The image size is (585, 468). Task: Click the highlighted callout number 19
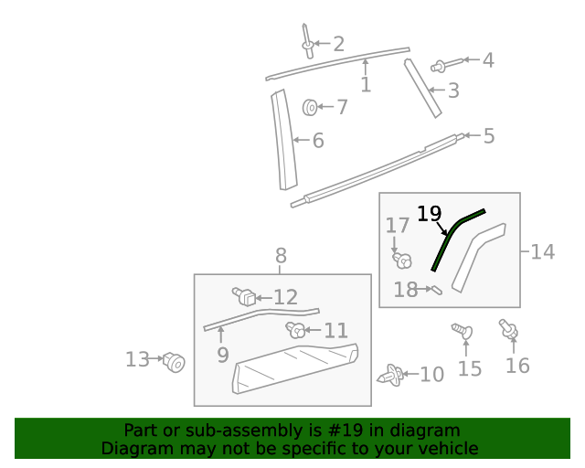(x=429, y=214)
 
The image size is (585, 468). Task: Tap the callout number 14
(x=542, y=251)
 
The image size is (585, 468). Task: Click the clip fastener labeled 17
(x=400, y=260)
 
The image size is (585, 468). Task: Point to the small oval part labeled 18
(x=436, y=292)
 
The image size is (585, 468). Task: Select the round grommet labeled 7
(x=311, y=108)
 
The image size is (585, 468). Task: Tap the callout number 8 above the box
(x=281, y=256)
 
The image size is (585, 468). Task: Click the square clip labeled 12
(x=244, y=296)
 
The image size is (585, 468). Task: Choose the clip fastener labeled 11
(x=295, y=329)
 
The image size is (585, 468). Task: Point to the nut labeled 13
(x=174, y=363)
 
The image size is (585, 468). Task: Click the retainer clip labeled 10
(x=391, y=375)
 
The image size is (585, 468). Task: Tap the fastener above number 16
(x=506, y=328)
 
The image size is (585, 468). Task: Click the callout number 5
(x=488, y=136)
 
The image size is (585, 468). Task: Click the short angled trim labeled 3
(x=423, y=89)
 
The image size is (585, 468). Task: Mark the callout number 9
(x=223, y=355)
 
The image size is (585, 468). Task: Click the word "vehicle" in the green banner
(x=448, y=448)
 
